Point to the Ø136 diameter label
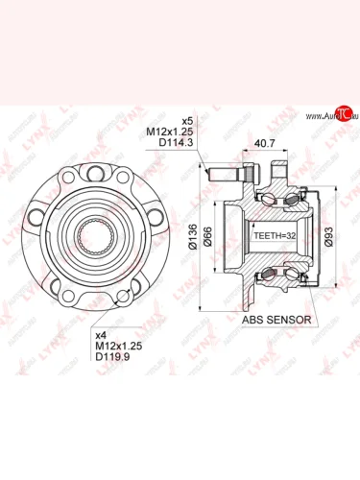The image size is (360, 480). coord(193,237)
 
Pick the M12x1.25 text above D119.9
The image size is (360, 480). coord(114,343)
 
